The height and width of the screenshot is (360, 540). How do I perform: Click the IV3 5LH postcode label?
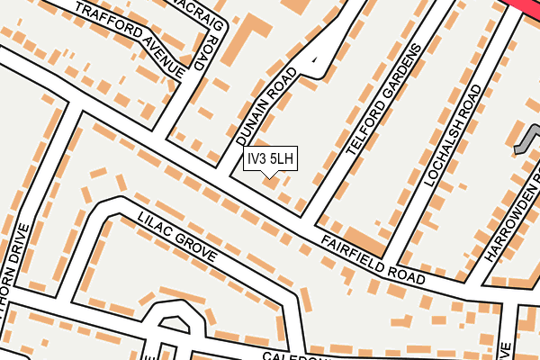tap(270, 159)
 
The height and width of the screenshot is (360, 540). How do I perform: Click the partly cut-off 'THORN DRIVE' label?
tap(11, 287)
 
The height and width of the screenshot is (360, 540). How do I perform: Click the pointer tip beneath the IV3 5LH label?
tap(270, 176)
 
